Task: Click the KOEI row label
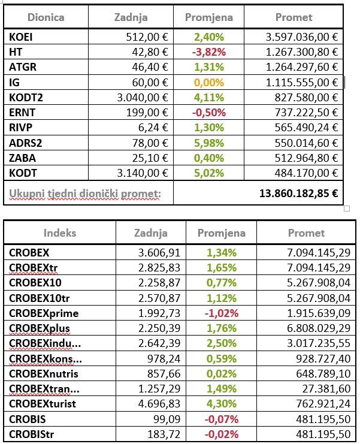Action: point(20,37)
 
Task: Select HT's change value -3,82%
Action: point(209,52)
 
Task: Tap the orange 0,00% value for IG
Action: point(209,83)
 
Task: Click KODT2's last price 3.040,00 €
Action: point(143,98)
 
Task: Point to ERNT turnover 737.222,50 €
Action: point(306,113)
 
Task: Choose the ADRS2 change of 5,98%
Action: point(209,143)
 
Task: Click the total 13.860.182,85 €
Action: point(298,194)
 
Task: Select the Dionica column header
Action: point(46,17)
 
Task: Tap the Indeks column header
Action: point(60,232)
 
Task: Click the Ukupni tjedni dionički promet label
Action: point(85,194)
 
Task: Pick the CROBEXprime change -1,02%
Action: point(222,313)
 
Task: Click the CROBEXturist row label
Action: point(43,404)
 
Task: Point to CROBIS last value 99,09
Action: point(167,419)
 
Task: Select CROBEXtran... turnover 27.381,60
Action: point(326,389)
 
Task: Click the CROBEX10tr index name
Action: point(40,298)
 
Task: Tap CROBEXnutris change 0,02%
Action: point(221,374)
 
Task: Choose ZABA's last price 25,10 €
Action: point(150,158)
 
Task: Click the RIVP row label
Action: point(20,128)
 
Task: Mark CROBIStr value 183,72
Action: point(164,434)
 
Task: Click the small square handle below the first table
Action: point(347,209)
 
